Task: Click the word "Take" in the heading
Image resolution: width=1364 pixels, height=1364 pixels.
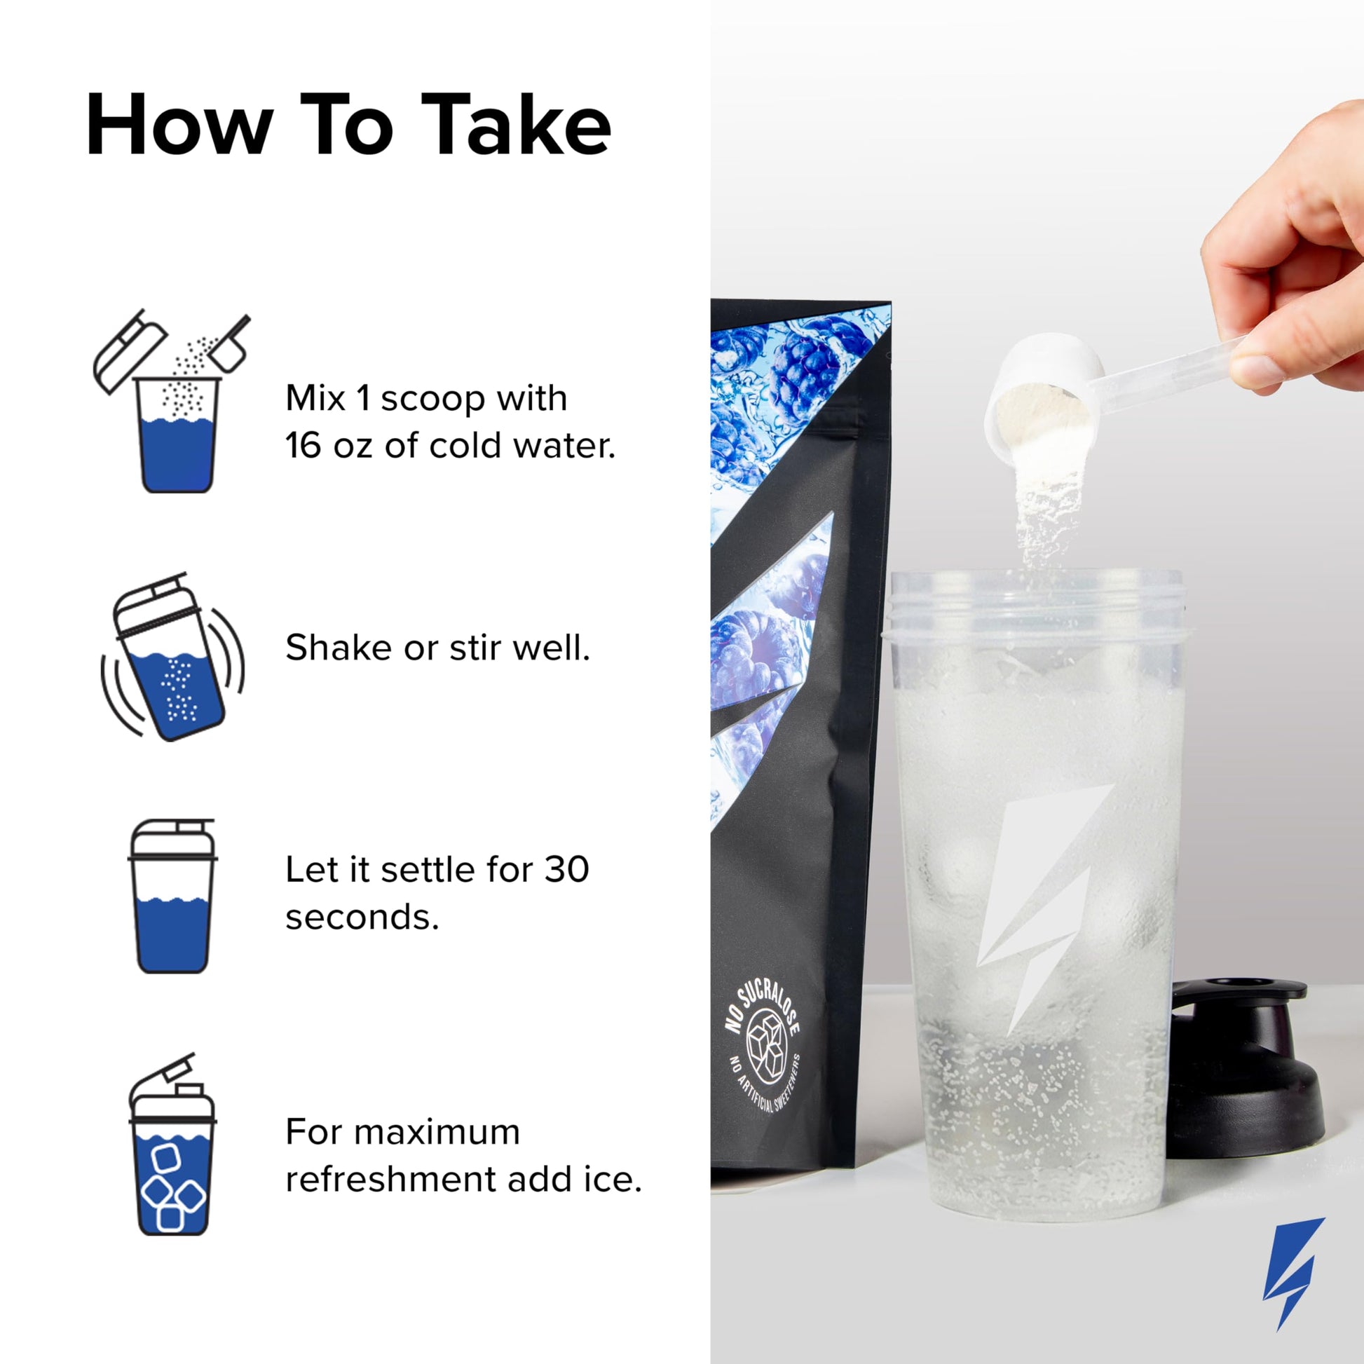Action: (520, 125)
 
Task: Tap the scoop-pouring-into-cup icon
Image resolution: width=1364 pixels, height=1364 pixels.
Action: (172, 401)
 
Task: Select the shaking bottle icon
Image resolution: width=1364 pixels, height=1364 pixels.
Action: (173, 657)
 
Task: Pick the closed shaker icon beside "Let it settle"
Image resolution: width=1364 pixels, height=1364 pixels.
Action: (172, 896)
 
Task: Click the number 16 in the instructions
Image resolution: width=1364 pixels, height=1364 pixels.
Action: (304, 446)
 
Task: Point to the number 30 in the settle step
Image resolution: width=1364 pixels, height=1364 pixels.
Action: (566, 870)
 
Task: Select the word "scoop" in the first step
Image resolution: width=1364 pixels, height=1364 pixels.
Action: (434, 400)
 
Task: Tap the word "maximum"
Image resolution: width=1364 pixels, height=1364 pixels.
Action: (437, 1133)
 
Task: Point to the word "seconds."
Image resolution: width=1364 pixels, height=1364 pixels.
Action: (362, 918)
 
